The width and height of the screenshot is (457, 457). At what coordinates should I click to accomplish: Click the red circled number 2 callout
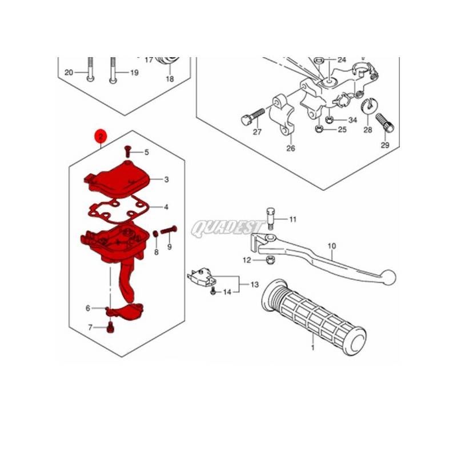point(101,137)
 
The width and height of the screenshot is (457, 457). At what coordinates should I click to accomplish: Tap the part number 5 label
point(147,152)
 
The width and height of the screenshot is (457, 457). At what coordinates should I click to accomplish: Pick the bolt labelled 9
point(169,230)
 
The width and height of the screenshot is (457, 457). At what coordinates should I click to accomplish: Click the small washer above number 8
point(156,234)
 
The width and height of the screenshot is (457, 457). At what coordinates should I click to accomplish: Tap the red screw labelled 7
point(111,327)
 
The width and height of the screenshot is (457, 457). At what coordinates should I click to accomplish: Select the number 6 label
point(88,308)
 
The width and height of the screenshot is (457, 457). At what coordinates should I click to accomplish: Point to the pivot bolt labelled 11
point(271,218)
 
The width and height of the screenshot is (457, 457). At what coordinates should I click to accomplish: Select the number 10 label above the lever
point(332,246)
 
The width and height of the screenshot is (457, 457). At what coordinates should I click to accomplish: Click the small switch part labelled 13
point(202,278)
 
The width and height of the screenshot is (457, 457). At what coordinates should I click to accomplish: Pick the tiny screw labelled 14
point(213,291)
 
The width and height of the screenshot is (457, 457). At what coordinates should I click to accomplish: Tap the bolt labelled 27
point(253,116)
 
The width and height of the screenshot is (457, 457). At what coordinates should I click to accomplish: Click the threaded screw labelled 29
point(384,122)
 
